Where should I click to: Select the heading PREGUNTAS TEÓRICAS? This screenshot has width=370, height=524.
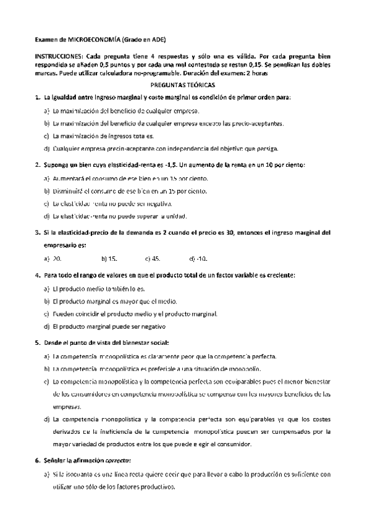185,86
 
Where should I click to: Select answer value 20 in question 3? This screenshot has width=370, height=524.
57,259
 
